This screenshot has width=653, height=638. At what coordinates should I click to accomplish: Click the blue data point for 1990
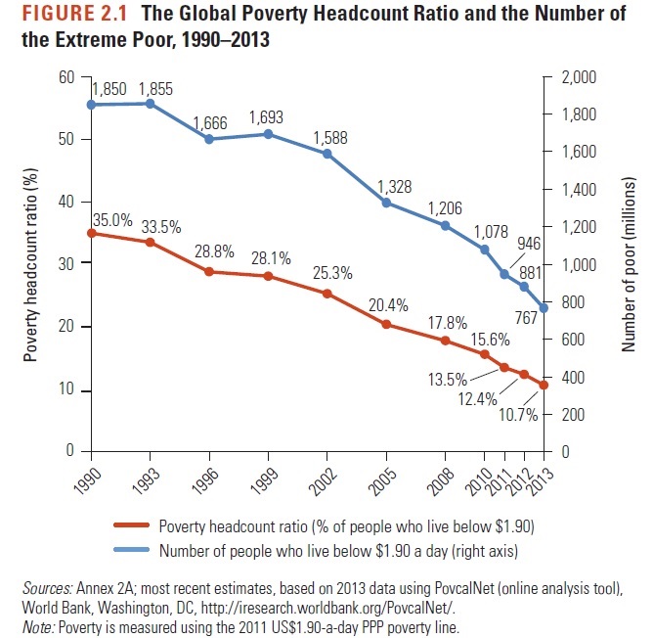pos(91,105)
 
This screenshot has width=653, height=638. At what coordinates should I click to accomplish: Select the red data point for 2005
pos(387,324)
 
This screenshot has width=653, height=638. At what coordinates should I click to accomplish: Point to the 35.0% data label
pos(111,220)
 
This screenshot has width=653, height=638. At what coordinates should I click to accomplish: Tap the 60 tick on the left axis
pos(67,77)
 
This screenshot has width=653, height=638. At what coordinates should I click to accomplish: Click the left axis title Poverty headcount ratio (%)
pos(32,264)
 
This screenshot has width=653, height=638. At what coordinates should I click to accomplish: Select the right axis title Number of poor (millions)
pos(630,264)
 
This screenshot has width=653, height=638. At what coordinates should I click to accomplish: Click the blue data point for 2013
pos(544,308)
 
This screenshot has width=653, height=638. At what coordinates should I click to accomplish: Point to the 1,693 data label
pos(267,118)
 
